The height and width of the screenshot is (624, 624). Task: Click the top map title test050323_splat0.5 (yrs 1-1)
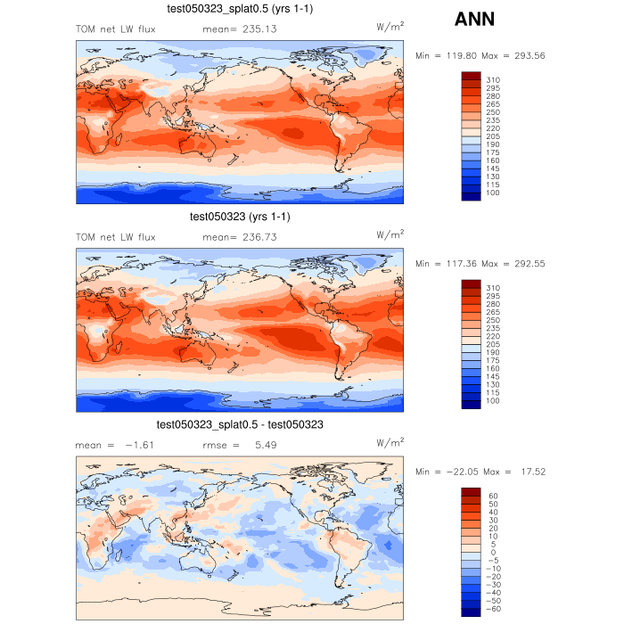tap(240, 9)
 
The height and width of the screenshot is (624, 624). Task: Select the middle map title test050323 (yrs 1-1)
tap(240, 217)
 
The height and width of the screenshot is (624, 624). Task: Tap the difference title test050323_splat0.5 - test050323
tap(240, 425)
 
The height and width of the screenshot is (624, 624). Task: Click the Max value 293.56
tap(526, 55)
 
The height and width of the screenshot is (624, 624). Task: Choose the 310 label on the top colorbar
tap(493, 80)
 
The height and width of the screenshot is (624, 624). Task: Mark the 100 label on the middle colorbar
tap(493, 401)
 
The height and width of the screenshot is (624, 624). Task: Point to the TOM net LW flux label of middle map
tap(116, 237)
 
